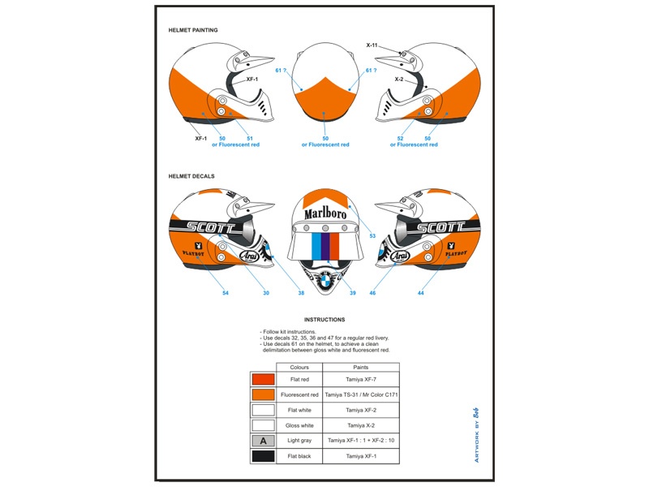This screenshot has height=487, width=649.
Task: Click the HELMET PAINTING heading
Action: click(x=193, y=30)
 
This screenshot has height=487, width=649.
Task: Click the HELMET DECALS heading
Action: click(x=191, y=176)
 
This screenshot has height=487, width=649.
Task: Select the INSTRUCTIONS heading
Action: click(x=324, y=320)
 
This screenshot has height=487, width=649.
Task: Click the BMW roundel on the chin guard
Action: click(x=324, y=281)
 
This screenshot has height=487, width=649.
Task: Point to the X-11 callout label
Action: click(x=372, y=45)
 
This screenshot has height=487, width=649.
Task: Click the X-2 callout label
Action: click(x=399, y=80)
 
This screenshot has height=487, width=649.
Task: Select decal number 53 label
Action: click(x=372, y=235)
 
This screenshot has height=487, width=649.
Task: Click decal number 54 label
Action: click(x=226, y=292)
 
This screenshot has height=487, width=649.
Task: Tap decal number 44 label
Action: click(x=421, y=292)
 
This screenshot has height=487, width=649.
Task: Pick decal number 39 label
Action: click(x=353, y=292)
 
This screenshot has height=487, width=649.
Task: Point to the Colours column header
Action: click(x=299, y=367)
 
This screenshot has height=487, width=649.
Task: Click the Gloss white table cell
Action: click(x=299, y=425)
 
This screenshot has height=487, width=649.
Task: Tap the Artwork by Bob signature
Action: click(x=476, y=434)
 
